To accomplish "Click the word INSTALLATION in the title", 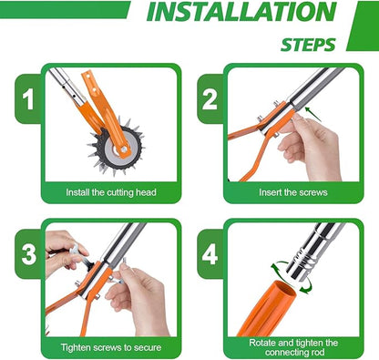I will click(242, 14).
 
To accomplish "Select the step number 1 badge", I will click(28, 98).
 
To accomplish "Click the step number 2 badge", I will click(210, 98).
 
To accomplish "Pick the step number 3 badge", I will click(28, 252).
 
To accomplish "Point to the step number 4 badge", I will click(210, 252).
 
